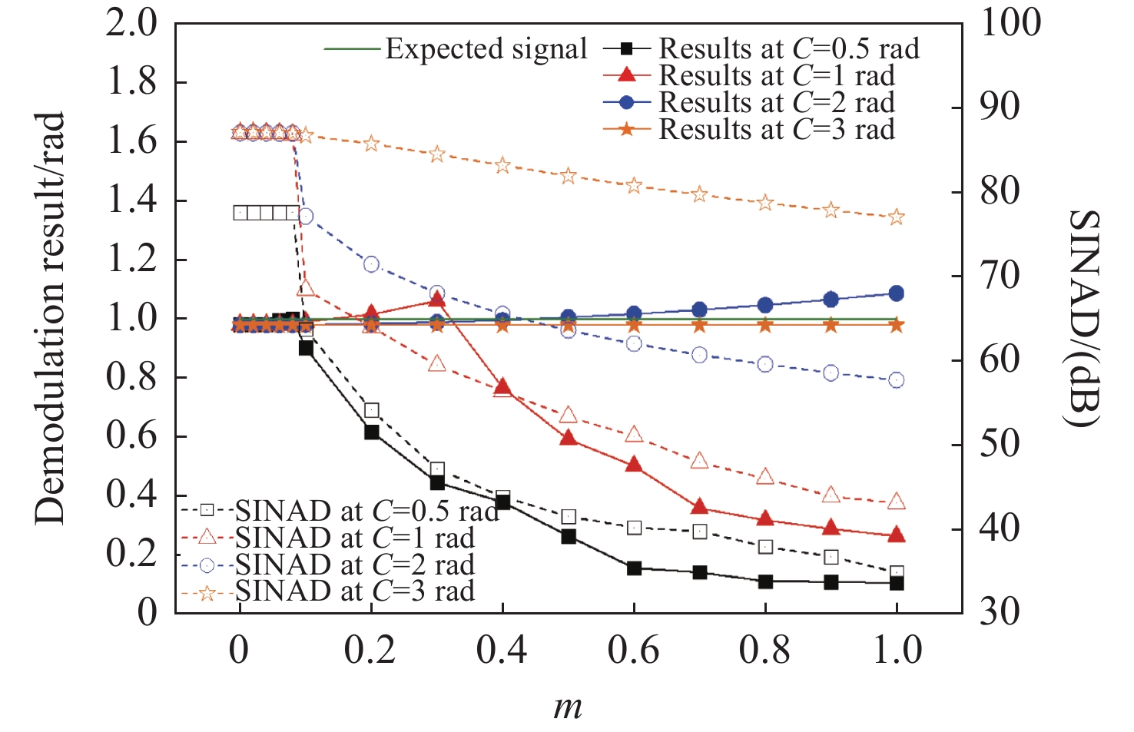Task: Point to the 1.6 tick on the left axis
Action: click(131, 141)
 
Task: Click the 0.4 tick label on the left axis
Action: click(131, 495)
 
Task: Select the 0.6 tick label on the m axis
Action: click(633, 651)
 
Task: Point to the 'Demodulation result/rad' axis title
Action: click(50, 319)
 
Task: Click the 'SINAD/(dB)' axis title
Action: click(1084, 319)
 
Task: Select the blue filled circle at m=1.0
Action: click(896, 293)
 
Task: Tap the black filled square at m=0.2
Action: click(371, 432)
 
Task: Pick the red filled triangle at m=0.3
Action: click(437, 299)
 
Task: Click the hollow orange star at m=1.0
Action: click(896, 217)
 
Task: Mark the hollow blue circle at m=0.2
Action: click(371, 264)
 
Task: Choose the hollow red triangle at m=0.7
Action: click(699, 461)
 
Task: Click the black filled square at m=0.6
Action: click(634, 568)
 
